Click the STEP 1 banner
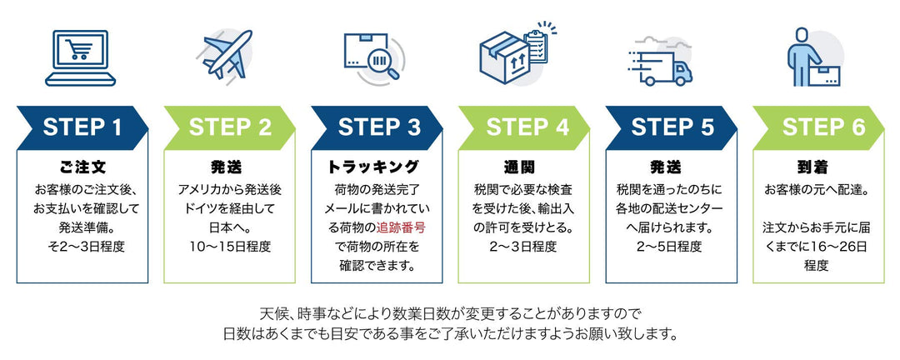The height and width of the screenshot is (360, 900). [x=82, y=127]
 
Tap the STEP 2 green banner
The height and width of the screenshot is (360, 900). [x=230, y=127]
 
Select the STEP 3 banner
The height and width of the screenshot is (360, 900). [x=377, y=127]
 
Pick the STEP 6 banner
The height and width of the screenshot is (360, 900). [x=819, y=127]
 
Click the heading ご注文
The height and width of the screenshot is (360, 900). [x=82, y=166]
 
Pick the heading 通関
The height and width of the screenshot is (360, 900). [x=525, y=166]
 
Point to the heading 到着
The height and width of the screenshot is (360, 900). [x=819, y=166]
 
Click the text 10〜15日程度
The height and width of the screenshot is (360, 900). [x=230, y=246]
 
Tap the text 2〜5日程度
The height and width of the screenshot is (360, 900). [x=671, y=246]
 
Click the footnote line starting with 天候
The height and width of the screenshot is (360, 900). [x=450, y=314]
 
